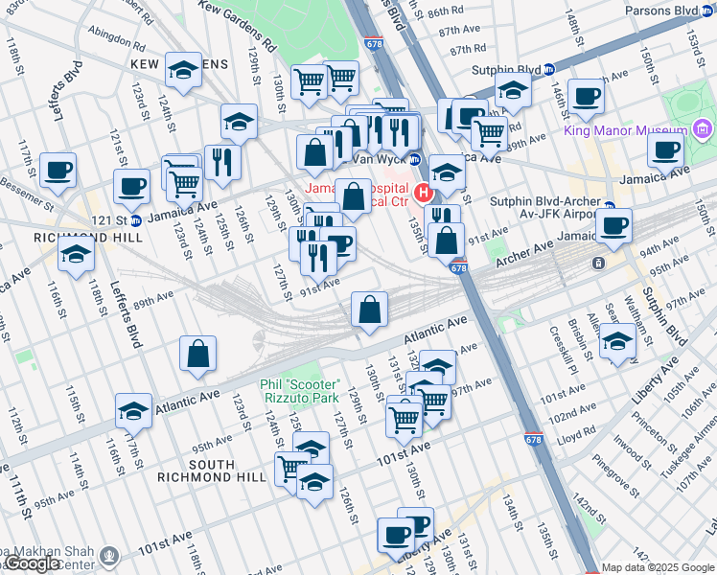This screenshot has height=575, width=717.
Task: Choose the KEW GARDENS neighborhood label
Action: coord(183,64)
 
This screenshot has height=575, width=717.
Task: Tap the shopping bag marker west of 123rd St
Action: coord(197,354)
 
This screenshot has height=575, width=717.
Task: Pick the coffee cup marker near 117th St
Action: coord(58,170)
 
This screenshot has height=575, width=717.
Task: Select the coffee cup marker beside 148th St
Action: coord(585,96)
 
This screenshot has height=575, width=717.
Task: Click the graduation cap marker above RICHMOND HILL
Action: coord(76,253)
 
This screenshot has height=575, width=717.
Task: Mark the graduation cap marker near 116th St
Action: coord(133,410)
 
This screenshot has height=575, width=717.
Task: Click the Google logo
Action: coord(33,563)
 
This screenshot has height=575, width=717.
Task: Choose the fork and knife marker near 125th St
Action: coord(222,162)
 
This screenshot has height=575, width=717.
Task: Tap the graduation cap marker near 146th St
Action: coord(514,92)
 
